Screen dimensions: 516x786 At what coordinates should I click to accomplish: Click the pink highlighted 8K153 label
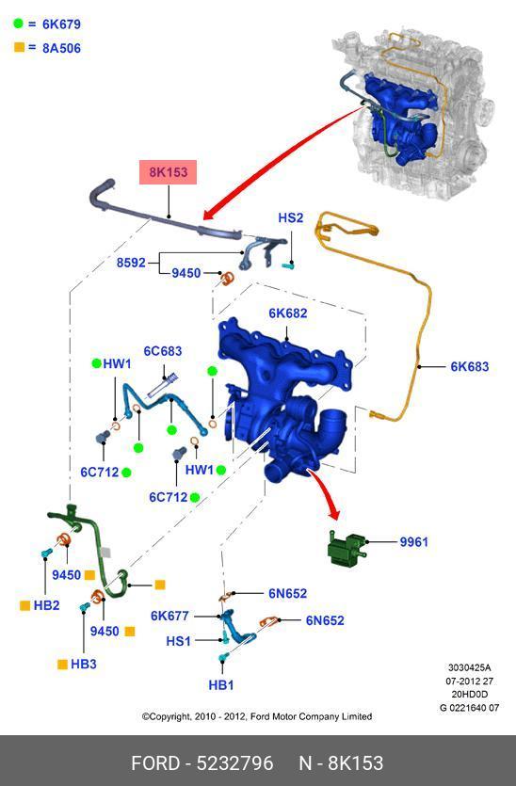pos(168,172)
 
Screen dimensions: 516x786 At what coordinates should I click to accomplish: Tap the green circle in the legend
pos(18,23)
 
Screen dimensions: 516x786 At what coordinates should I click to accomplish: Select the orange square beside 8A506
pos(19,48)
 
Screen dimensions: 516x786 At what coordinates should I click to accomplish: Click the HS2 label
pos(291,217)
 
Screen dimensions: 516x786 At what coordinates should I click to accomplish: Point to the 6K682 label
pos(288,313)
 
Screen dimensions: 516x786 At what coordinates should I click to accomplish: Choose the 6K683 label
pos(469,366)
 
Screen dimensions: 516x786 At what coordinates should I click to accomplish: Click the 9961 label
pos(413,542)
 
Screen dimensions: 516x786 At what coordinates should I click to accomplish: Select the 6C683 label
pos(163,351)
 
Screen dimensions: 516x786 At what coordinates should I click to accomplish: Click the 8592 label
pos(131,263)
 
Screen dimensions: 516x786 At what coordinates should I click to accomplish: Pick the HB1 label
pos(221,684)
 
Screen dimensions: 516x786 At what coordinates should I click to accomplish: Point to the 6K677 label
pos(170,616)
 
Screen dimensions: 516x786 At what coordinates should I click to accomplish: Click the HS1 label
pos(179,641)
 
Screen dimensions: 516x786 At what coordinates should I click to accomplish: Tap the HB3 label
pos(83,664)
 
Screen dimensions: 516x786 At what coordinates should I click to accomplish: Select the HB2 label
pos(47,605)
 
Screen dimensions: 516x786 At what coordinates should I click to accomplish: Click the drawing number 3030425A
pos(469,667)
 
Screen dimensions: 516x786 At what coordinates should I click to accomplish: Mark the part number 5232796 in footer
pos(234,763)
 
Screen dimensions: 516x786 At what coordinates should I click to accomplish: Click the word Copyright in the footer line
pos(169,716)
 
